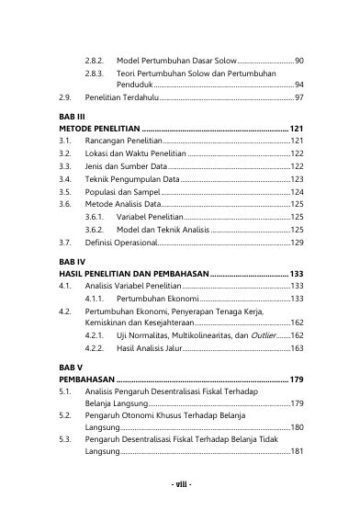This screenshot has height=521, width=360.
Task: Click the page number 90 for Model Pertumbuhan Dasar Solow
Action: coord(299,60)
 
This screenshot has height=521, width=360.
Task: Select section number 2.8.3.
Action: coord(94,72)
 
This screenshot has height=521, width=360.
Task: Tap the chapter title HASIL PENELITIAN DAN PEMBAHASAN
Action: coord(132,274)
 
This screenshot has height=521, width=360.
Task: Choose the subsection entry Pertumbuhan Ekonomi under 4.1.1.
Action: coord(158,300)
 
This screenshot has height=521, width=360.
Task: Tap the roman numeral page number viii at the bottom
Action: coord(180,483)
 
